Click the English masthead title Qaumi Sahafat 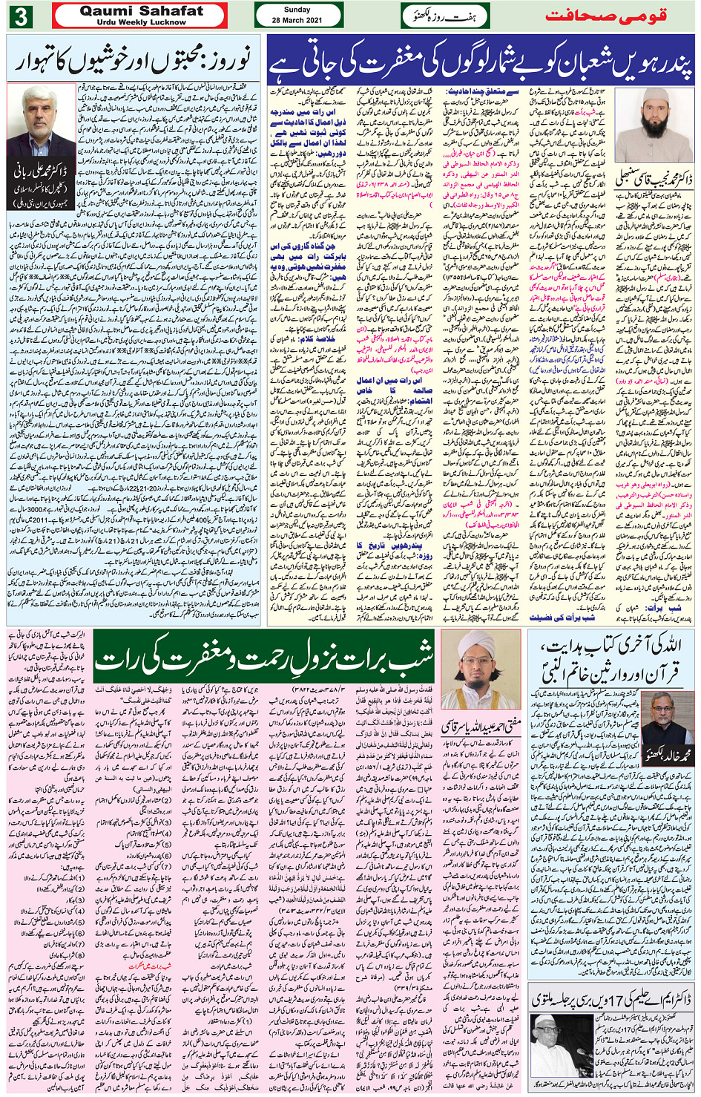click(x=141, y=11)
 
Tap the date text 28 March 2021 click(x=297, y=20)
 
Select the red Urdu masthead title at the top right click(x=605, y=15)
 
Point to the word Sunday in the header click(x=297, y=10)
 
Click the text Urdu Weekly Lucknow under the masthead click(x=141, y=22)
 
